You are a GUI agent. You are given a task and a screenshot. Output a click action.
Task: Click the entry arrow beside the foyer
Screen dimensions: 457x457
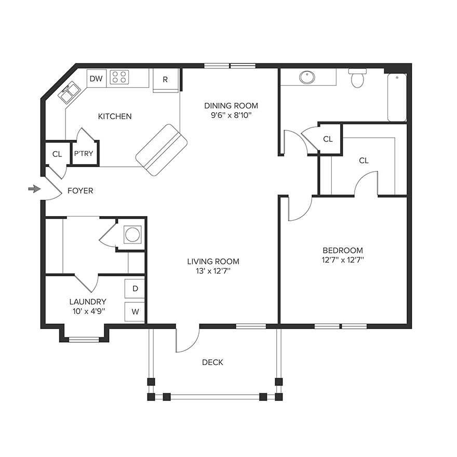[x=34, y=189]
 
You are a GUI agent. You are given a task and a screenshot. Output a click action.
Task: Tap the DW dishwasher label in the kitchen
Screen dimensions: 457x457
[x=96, y=79]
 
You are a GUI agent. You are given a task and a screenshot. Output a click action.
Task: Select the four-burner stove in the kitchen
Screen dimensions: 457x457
[x=119, y=77]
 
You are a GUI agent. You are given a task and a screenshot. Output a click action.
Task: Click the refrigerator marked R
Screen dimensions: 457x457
[x=165, y=80]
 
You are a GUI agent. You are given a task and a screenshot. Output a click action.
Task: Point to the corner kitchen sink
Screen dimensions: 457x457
[x=69, y=93]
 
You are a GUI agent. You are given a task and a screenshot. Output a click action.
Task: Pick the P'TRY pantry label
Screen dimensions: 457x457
[x=84, y=154]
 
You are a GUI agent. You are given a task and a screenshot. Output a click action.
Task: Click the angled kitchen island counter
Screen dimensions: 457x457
[x=161, y=150]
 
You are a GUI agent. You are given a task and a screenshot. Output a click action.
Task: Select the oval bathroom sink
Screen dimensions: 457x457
[x=307, y=77]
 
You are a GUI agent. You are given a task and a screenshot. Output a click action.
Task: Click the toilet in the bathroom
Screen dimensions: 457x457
[x=357, y=78]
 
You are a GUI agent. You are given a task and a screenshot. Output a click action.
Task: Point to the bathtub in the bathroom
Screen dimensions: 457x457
[x=397, y=97]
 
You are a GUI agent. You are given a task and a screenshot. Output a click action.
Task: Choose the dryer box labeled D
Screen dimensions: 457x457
[x=135, y=289]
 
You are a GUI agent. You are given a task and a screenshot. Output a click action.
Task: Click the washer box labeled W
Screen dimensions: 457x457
[x=135, y=312]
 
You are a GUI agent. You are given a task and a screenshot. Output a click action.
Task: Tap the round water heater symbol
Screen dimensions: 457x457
[x=132, y=235]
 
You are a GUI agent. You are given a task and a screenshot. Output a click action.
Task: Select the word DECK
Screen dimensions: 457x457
[x=212, y=362]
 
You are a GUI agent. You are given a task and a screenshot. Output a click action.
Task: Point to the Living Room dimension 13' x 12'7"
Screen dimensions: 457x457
[x=213, y=271]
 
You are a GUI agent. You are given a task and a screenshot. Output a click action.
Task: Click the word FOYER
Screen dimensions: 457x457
[x=80, y=191]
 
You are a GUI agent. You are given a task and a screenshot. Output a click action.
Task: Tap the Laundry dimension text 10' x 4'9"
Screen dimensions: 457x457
[x=88, y=312]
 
